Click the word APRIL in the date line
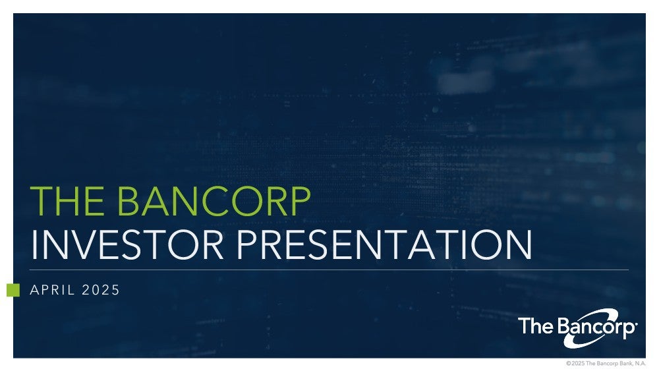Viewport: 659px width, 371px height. coord(52,290)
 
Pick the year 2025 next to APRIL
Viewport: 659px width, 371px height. coord(101,290)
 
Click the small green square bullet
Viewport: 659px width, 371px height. coord(13,290)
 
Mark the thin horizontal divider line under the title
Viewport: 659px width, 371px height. coord(329,270)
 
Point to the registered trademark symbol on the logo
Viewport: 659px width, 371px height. coord(637,324)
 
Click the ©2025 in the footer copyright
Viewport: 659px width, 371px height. coord(575,364)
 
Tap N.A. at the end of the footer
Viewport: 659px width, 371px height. coord(640,364)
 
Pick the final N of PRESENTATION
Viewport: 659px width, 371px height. coord(519,244)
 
